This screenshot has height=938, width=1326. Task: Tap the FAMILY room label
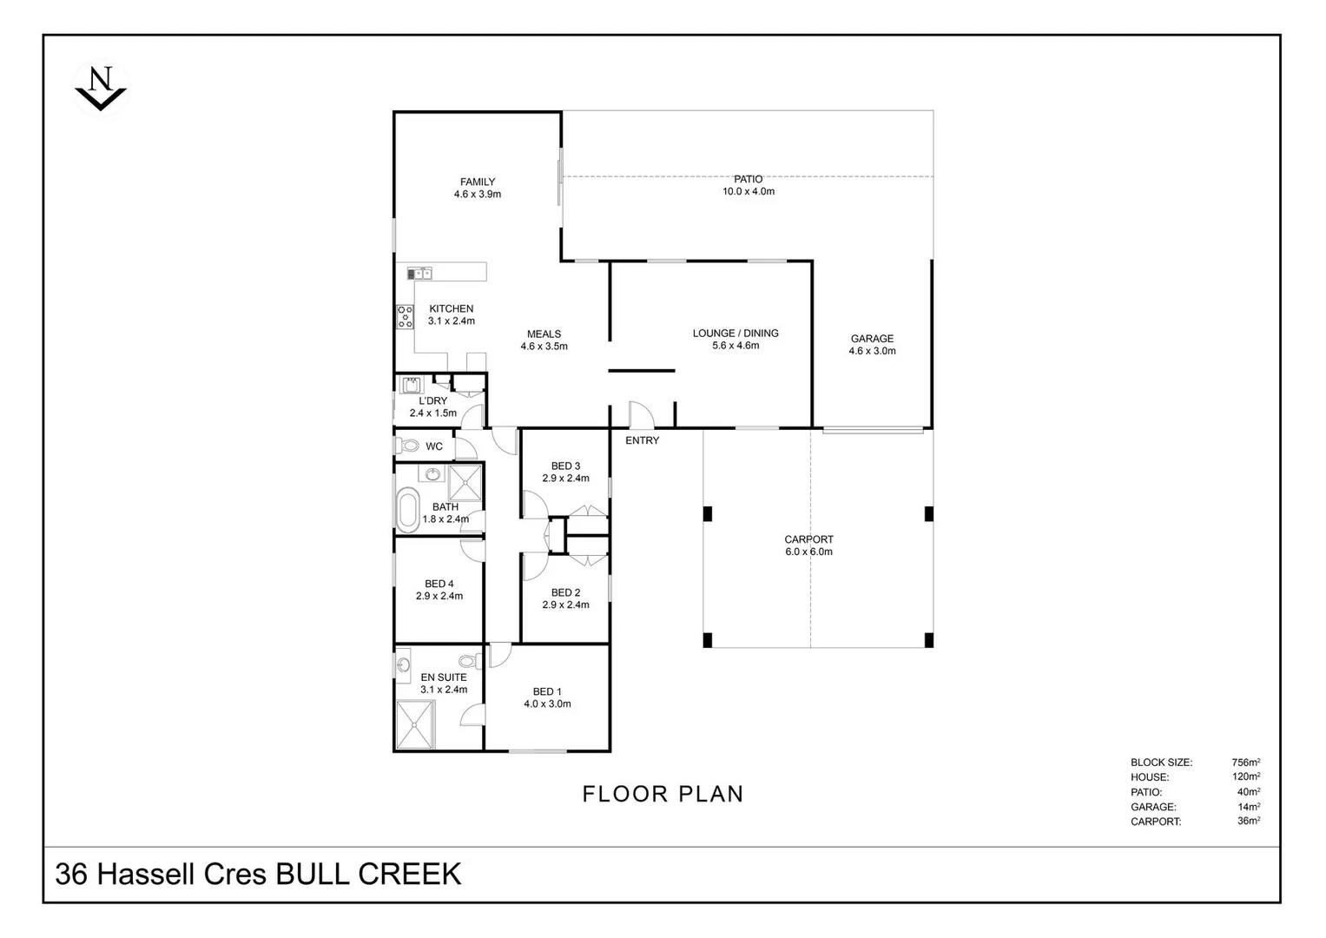coord(478,182)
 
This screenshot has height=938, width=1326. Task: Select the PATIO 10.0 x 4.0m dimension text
coord(749,191)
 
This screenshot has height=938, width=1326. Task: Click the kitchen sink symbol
coord(419,273)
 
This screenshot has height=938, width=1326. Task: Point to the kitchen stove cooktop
coord(405,317)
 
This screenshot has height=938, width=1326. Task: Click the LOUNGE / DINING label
coord(736,333)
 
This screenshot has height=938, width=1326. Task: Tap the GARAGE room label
coord(872,339)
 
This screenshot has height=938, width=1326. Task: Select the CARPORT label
coord(808,539)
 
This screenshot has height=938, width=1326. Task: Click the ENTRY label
coord(642,440)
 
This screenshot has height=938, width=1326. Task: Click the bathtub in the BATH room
coord(406,510)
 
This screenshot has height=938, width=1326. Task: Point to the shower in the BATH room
coord(465,483)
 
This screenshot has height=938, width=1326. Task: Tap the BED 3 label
coord(565,466)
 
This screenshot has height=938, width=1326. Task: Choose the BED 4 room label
coord(439,584)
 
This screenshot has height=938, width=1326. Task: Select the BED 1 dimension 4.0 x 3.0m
coord(547,704)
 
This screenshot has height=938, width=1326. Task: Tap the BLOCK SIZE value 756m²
coord(1248,763)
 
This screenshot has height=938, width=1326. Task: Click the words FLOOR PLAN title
coord(663,794)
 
